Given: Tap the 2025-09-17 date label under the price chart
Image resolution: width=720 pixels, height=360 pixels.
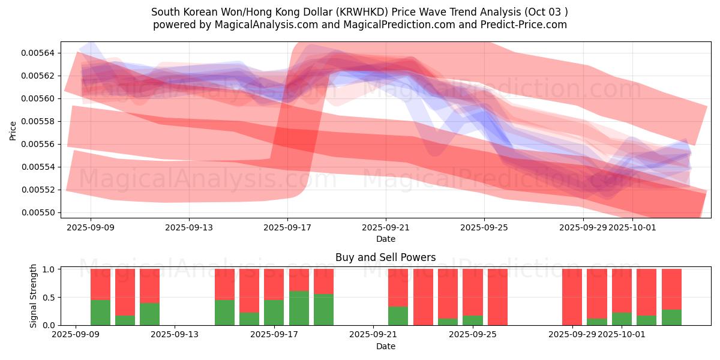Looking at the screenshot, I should click(x=287, y=227).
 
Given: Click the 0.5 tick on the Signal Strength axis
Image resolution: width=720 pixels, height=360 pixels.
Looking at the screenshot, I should click(x=49, y=297).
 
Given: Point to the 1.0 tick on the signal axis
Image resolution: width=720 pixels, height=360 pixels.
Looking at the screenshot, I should click(x=49, y=269).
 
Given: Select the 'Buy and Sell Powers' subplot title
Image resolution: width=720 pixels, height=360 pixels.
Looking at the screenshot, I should click(x=385, y=257).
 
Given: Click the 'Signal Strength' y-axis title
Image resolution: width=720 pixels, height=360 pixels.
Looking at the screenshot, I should click(x=34, y=296).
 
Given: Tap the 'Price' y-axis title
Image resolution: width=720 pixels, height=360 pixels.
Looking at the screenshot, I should click(x=13, y=130).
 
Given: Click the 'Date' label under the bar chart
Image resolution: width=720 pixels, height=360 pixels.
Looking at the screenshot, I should click(x=385, y=346).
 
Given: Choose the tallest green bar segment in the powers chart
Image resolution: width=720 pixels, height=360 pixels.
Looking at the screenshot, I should click(x=299, y=308).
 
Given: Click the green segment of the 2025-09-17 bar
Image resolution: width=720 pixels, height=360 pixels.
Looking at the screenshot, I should click(x=274, y=312).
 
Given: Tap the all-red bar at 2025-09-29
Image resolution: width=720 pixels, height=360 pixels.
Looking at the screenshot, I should click(x=572, y=297).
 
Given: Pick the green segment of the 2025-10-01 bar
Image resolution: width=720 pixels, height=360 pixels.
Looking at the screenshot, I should click(x=622, y=319).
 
